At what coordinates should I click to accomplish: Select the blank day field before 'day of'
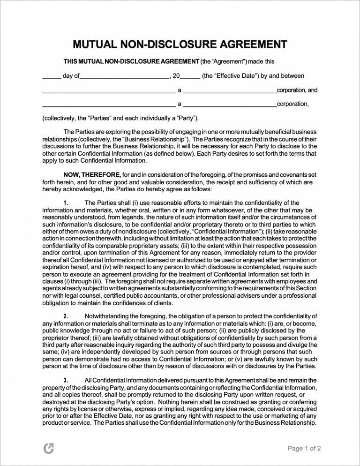[x=52, y=76]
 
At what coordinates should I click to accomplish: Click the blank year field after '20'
[x=190, y=76]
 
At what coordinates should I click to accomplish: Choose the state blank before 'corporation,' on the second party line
[x=230, y=105]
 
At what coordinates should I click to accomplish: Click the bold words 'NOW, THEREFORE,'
[x=92, y=175]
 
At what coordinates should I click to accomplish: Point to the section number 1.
[x=67, y=203]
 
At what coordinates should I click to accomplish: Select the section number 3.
[x=67, y=380]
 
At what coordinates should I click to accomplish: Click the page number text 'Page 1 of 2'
[x=304, y=449]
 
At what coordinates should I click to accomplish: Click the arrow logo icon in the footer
[x=48, y=449]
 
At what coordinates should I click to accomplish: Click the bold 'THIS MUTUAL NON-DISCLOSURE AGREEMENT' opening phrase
[x=131, y=61]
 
